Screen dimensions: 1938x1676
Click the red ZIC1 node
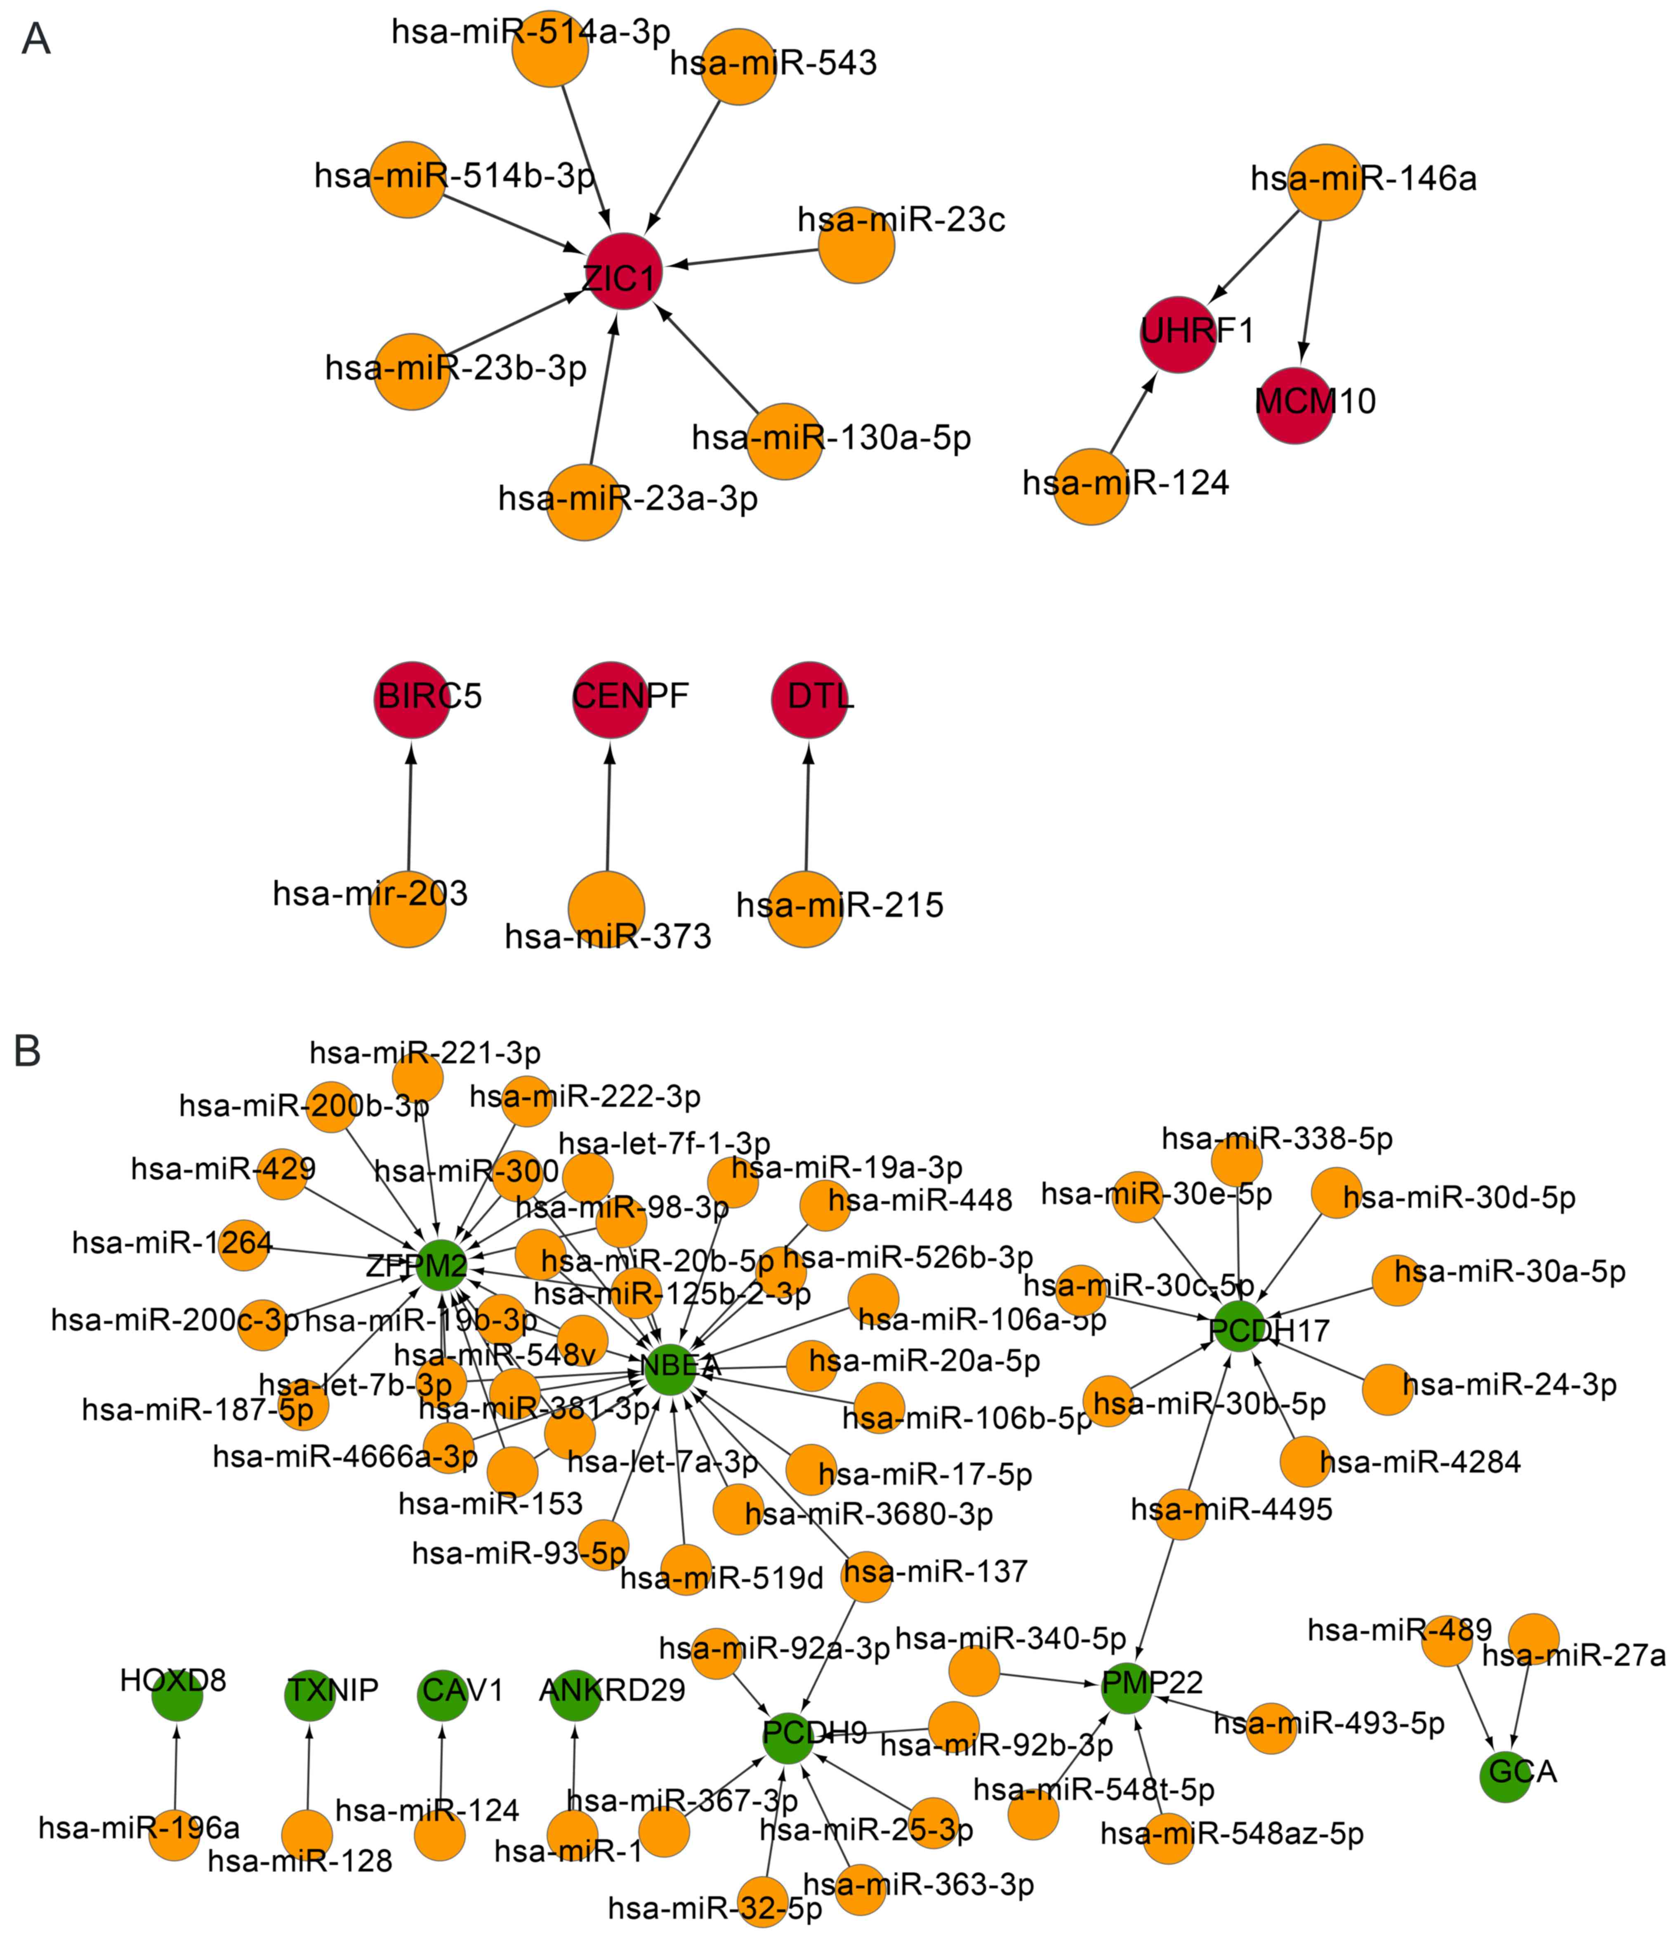coord(624,273)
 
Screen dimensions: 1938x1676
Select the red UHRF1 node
coord(1179,334)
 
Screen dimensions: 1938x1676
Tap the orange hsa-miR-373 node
coord(606,909)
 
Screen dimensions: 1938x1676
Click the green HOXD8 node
coord(177,1695)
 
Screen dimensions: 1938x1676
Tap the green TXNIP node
coord(309,1695)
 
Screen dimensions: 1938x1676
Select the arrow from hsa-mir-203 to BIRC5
coord(409,804)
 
